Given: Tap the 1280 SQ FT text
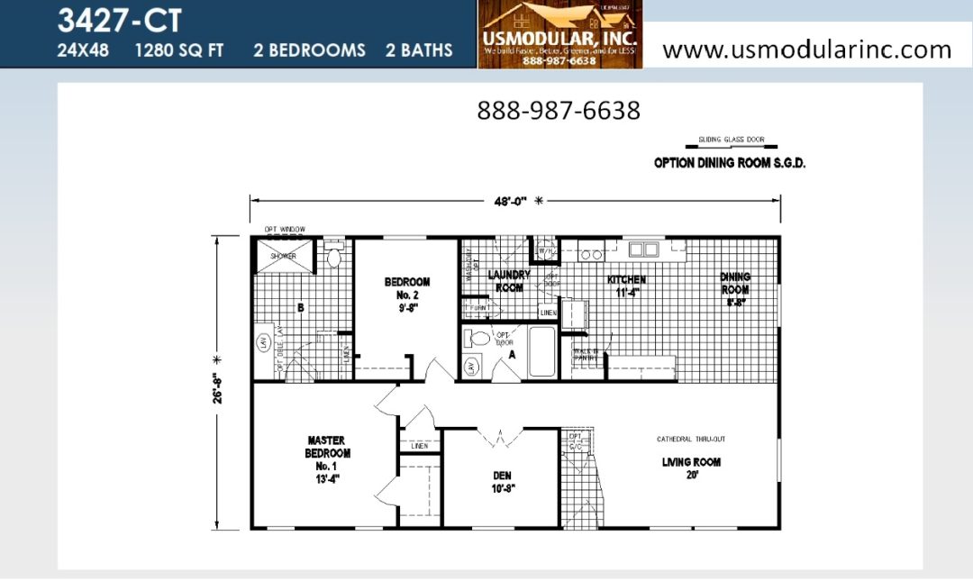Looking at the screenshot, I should [179, 50].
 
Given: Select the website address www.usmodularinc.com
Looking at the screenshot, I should [806, 49].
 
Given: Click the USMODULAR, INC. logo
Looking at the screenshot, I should [559, 34].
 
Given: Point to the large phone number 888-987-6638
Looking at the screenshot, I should [559, 111].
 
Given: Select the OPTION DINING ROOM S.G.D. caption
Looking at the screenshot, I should [729, 163].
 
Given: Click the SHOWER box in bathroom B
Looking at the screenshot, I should [283, 255].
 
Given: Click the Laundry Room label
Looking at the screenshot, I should [509, 281].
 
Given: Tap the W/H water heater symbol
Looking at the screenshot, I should [545, 250].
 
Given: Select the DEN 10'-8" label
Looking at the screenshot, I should [501, 481].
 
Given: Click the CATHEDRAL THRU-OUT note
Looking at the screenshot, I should [691, 439].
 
